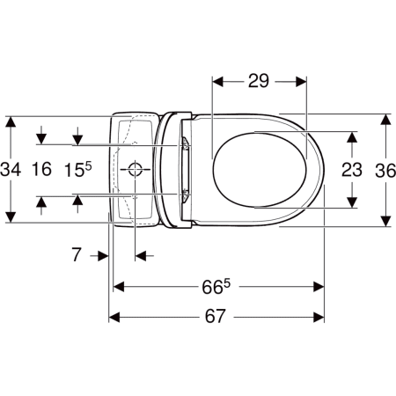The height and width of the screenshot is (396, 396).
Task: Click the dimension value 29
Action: click(259, 81)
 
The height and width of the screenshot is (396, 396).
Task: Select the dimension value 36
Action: click(385, 171)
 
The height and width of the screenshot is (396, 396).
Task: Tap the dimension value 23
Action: click(352, 170)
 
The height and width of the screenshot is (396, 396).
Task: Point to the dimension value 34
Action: click(11, 169)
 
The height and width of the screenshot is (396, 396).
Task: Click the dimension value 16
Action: click(41, 169)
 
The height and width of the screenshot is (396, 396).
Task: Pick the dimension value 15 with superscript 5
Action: click(78, 170)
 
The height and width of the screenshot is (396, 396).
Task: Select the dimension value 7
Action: click(77, 254)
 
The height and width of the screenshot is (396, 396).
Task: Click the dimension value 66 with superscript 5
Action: click(216, 287)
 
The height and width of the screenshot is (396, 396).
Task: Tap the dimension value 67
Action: click(215, 316)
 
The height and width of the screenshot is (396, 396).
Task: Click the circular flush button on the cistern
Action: click(136, 169)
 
